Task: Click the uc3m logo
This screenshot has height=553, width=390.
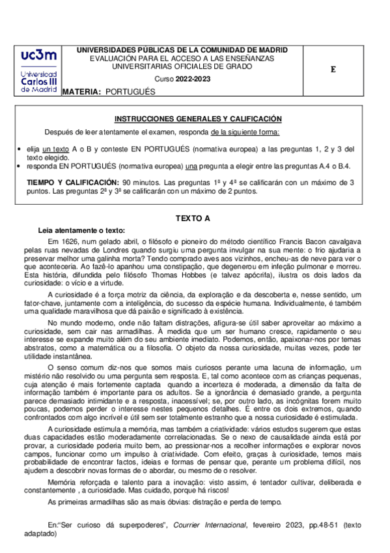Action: pos(38,71)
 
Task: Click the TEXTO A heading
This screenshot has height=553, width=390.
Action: pos(195,218)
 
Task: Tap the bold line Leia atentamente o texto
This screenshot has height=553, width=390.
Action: pos(81,230)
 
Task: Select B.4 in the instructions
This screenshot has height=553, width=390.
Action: pos(343,167)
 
